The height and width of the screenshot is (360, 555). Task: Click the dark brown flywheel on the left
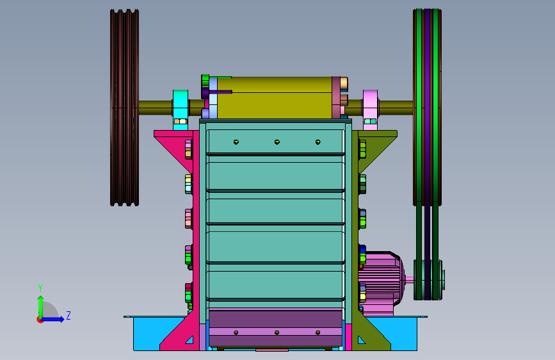[124, 108]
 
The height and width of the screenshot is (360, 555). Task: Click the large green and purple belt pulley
[427, 107]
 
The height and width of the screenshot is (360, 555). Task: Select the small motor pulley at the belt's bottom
[429, 279]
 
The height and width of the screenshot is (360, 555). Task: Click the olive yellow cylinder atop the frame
[275, 97]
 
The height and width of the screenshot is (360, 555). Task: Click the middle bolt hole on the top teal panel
[277, 142]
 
